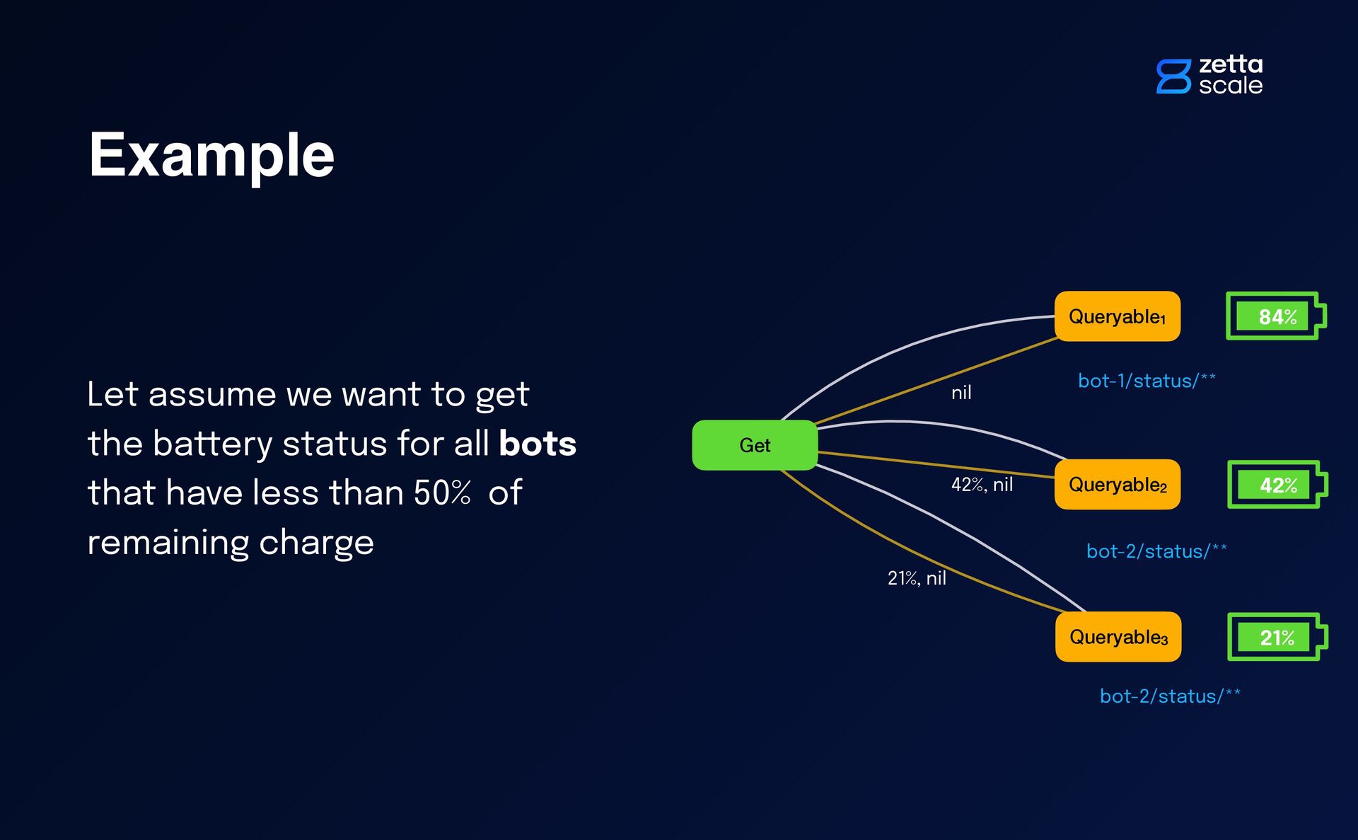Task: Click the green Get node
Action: point(755,445)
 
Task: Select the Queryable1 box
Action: point(1117,316)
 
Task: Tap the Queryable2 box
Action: point(1117,485)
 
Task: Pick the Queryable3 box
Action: point(1118,637)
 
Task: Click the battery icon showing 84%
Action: point(1275,316)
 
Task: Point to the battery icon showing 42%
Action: point(1277,485)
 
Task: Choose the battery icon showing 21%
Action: point(1277,637)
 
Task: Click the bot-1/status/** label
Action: point(1147,381)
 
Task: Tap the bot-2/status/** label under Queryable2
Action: point(1156,551)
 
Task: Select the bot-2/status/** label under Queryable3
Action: point(1170,696)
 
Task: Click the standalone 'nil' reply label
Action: point(961,393)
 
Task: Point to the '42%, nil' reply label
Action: point(982,485)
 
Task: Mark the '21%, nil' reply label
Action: point(917,578)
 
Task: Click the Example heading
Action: point(211,156)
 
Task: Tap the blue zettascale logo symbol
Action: point(1173,76)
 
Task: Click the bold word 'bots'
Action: point(538,444)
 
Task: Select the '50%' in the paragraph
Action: point(442,493)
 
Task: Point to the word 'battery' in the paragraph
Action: point(212,444)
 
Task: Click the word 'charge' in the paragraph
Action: point(316,543)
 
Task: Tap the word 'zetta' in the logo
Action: point(1231,64)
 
